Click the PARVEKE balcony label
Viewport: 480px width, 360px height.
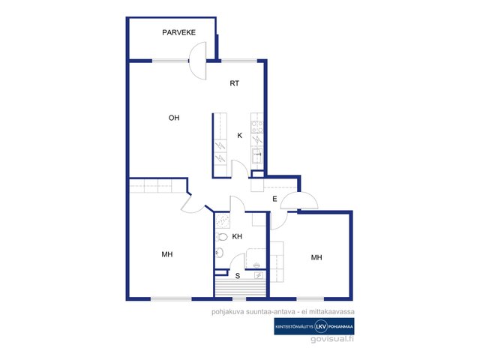click(x=178, y=32)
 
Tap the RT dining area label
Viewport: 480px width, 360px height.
click(x=235, y=83)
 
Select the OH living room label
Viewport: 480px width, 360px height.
click(x=174, y=118)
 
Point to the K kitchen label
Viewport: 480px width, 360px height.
click(x=240, y=136)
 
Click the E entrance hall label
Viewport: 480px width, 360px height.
click(x=274, y=199)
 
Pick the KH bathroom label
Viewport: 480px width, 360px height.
click(x=237, y=236)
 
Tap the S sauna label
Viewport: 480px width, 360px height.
click(x=238, y=276)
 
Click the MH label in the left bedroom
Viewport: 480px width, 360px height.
click(x=167, y=254)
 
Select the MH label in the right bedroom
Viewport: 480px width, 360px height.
click(x=316, y=257)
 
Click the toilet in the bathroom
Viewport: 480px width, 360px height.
click(x=222, y=237)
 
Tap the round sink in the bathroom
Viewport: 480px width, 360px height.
click(x=219, y=253)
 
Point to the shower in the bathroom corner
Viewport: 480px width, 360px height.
click(x=222, y=220)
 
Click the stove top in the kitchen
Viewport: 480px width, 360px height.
click(x=257, y=127)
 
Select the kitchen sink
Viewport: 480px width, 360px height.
click(x=257, y=156)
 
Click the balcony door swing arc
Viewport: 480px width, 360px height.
click(x=197, y=61)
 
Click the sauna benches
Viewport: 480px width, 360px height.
click(x=240, y=288)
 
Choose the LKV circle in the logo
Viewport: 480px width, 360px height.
click(x=321, y=326)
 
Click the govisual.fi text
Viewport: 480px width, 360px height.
click(x=331, y=339)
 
